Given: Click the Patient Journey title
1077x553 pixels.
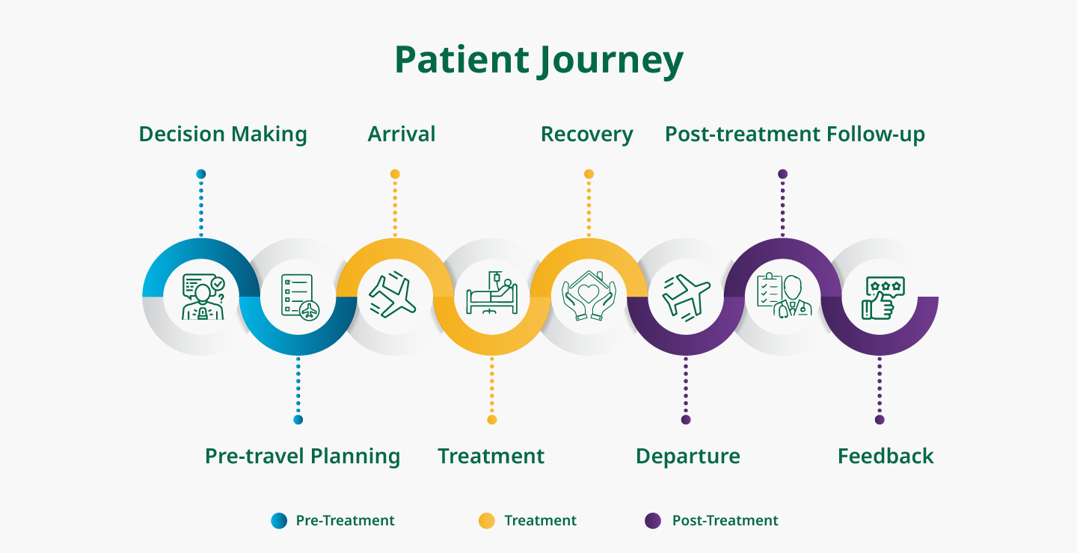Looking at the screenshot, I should [x=538, y=61].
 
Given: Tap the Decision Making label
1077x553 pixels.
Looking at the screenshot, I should [x=223, y=135].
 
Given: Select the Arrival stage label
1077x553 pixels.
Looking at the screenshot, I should [x=402, y=135].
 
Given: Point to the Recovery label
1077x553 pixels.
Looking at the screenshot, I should [x=587, y=135].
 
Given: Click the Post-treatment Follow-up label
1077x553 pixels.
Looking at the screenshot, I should [x=795, y=135].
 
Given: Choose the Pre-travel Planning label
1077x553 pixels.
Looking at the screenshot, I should [x=302, y=456].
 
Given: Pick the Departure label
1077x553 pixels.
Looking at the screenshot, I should [x=688, y=456].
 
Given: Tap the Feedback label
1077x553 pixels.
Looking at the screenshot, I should [x=886, y=456].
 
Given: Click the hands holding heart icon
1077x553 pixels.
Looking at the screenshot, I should [x=589, y=297].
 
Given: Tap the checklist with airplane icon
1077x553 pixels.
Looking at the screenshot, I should [x=298, y=297].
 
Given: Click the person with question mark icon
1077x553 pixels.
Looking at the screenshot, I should [x=202, y=297].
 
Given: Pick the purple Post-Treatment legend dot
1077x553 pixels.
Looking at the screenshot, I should [x=653, y=521].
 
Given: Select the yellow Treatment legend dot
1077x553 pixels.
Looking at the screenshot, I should [x=486, y=521].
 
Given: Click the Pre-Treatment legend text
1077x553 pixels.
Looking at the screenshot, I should [x=345, y=521].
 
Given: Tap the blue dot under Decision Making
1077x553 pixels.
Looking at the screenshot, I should [x=200, y=174].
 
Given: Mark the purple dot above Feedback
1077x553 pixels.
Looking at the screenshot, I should [x=880, y=420].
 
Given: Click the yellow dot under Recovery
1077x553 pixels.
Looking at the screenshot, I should [x=589, y=174].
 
